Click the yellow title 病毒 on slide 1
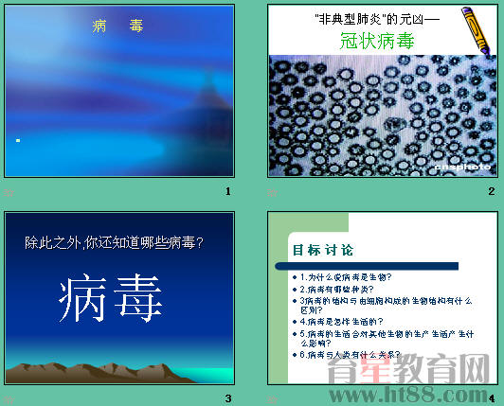117,26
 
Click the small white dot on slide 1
18,140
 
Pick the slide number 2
491,192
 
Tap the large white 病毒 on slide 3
117,302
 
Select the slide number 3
227,397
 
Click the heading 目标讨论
323,250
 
